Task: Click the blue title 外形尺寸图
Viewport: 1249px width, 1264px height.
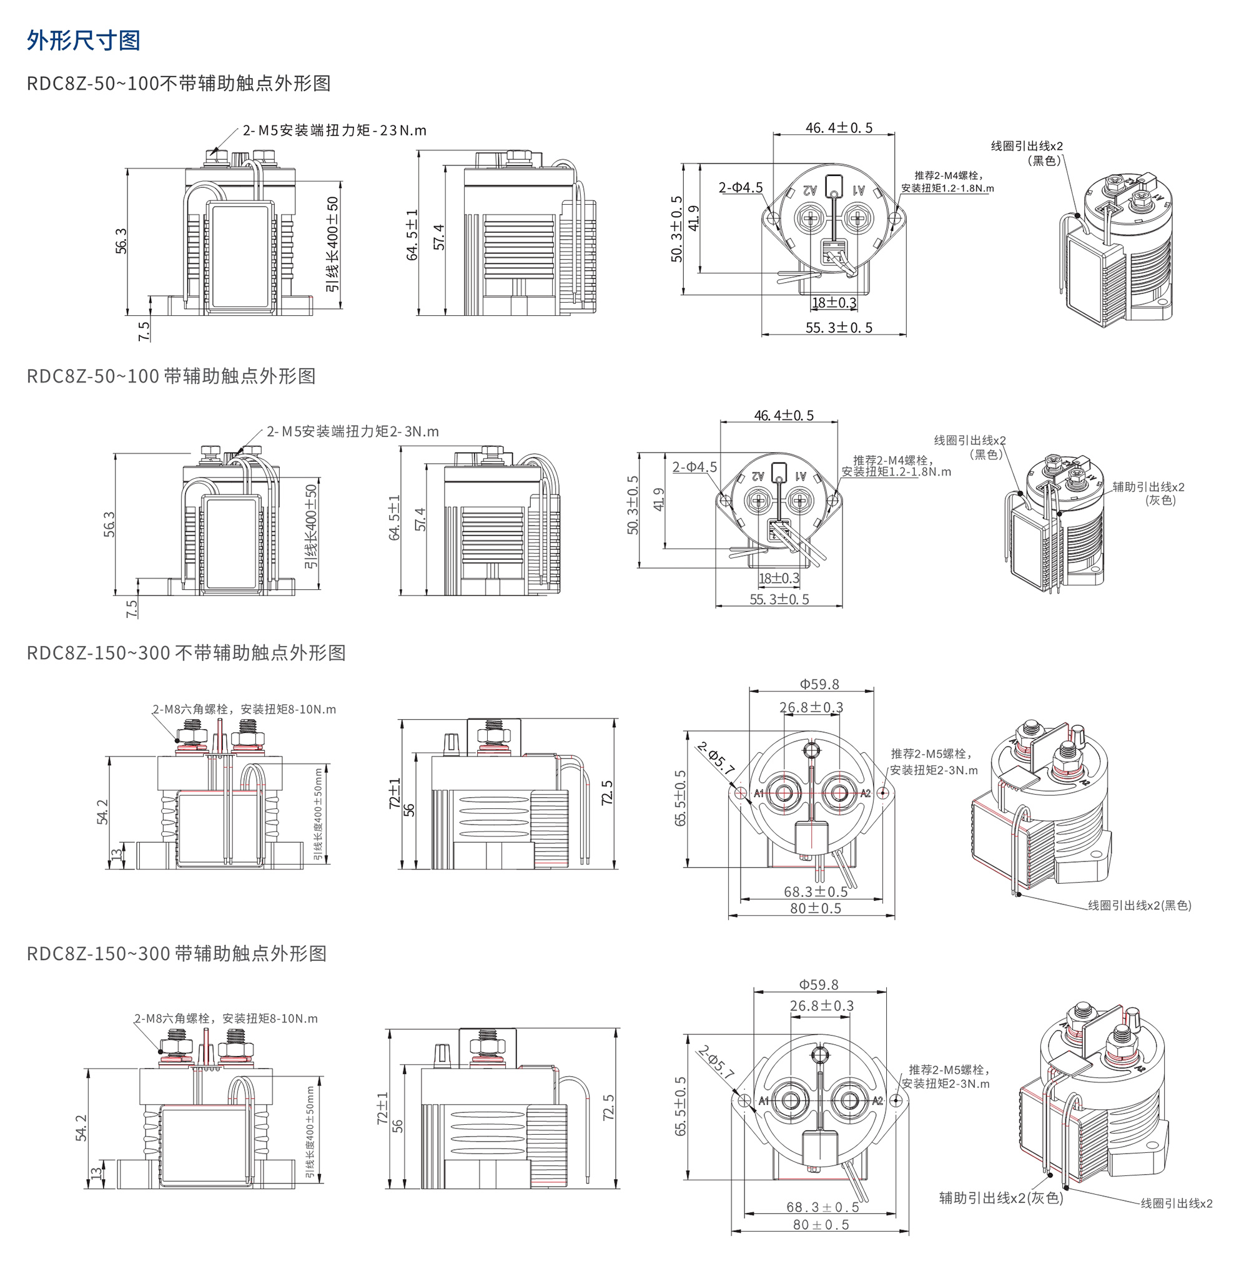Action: [x=83, y=41]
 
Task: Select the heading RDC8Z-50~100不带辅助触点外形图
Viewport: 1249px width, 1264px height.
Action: [x=178, y=84]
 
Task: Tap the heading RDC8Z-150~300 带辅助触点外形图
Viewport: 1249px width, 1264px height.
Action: [x=176, y=953]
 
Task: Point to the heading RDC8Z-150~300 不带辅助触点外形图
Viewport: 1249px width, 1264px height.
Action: [x=186, y=653]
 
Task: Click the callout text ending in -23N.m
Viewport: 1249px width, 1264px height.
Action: [x=334, y=130]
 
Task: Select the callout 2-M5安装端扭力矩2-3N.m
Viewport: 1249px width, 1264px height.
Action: [x=352, y=432]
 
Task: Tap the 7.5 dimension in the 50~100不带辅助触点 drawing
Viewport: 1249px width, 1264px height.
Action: [x=144, y=330]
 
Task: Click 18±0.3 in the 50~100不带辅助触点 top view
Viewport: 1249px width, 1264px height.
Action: [x=834, y=303]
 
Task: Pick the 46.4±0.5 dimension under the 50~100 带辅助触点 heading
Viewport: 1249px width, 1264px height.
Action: [x=784, y=416]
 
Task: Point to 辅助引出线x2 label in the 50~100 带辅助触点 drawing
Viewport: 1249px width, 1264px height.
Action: [x=1148, y=487]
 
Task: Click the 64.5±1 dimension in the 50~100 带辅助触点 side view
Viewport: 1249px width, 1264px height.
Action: [x=394, y=517]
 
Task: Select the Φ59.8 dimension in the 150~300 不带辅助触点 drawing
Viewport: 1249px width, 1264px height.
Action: [x=819, y=684]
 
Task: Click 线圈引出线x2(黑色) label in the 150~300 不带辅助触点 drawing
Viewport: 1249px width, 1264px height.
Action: [x=1139, y=906]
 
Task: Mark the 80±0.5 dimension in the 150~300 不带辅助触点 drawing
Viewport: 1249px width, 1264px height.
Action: [x=815, y=908]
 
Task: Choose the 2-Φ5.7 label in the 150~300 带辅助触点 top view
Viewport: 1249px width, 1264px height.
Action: [x=716, y=1062]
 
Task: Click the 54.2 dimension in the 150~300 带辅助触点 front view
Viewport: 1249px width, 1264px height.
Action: [x=81, y=1128]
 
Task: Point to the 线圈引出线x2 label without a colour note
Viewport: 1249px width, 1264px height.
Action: [x=1177, y=1203]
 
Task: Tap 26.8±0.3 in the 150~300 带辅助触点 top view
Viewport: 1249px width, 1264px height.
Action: [x=822, y=1006]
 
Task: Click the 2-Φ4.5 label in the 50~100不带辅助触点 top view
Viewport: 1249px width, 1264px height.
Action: [x=741, y=188]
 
